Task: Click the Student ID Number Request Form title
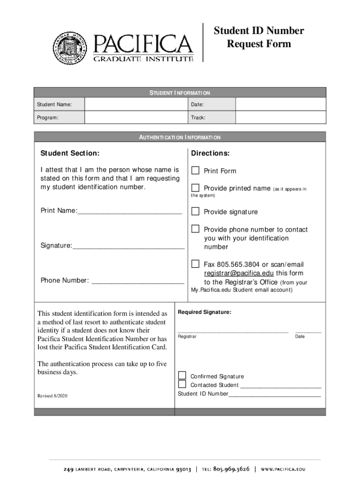(259, 37)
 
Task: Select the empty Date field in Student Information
(280, 104)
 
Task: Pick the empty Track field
(280, 117)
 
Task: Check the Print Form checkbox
(195, 170)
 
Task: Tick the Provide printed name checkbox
(195, 188)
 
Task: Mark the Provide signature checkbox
(195, 211)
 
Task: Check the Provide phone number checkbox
(195, 229)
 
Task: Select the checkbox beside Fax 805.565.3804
(195, 264)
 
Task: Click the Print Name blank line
(130, 211)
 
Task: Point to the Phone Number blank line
(137, 281)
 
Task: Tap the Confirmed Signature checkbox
(182, 376)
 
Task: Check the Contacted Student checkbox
(182, 385)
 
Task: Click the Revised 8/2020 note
(52, 396)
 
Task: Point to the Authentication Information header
(180, 138)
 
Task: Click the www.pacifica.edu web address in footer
(289, 468)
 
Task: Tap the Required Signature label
(204, 312)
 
